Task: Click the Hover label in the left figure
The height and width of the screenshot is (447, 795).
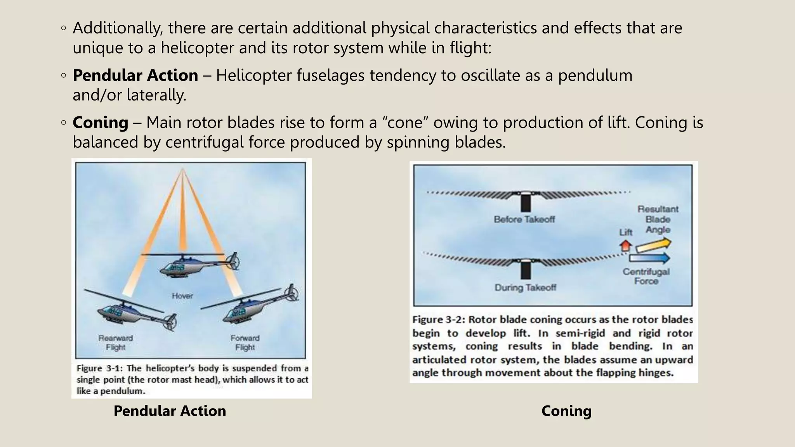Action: [182, 296]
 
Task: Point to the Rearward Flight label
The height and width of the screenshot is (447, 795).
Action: [116, 343]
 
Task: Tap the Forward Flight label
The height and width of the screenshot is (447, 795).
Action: [245, 343]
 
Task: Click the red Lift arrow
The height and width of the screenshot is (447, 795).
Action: [625, 246]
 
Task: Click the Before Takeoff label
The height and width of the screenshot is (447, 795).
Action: [524, 220]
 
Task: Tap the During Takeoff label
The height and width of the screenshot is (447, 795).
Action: [525, 288]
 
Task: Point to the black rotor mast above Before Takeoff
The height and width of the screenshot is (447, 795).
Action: [526, 202]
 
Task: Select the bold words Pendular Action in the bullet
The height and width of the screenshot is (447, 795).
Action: [135, 75]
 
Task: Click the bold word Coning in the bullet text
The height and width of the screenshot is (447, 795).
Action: [101, 123]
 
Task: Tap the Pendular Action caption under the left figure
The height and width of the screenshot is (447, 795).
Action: [170, 411]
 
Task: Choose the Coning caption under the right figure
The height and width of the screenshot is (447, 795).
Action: [566, 411]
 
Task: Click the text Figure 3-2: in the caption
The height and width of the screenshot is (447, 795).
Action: [438, 320]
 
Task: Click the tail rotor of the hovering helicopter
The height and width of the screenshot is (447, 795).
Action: [233, 261]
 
